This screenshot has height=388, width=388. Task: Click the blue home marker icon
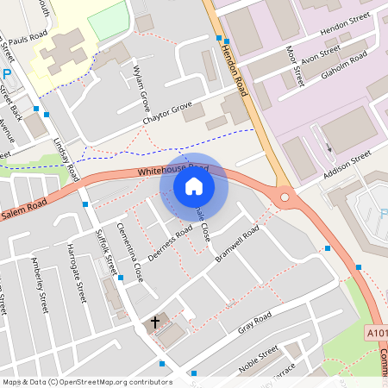tap(194, 185)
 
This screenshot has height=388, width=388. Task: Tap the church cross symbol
tap(156, 322)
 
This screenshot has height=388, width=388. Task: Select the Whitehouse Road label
tap(172, 170)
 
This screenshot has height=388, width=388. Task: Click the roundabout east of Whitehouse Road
tap(284, 197)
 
